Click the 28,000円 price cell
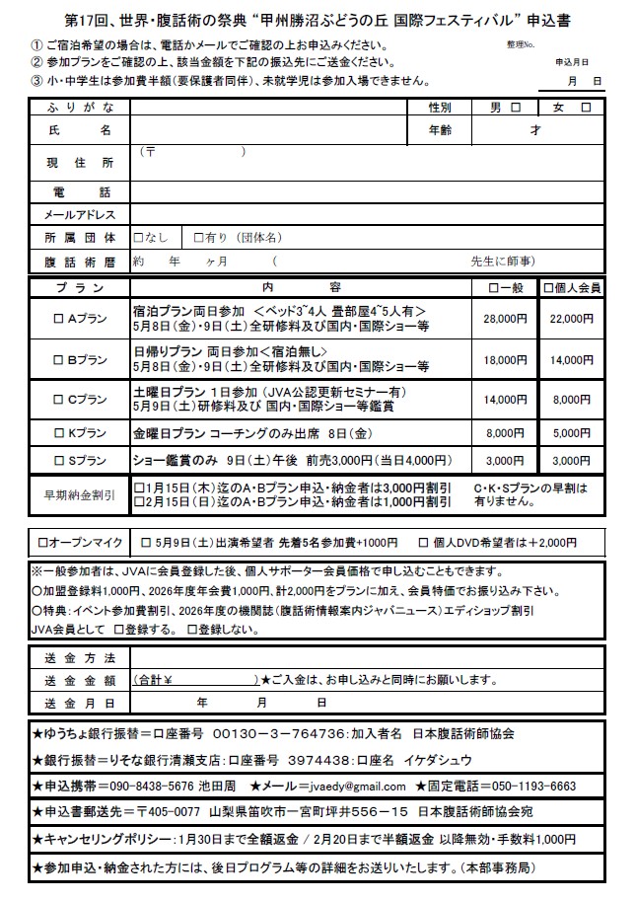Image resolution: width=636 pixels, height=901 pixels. coord(506,319)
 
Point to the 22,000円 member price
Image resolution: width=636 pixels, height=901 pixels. coord(572,319)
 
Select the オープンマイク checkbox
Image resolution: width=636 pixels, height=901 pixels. coord(42,543)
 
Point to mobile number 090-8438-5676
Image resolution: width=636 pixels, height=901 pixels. coord(149,786)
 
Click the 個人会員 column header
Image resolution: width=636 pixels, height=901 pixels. coord(572,288)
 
